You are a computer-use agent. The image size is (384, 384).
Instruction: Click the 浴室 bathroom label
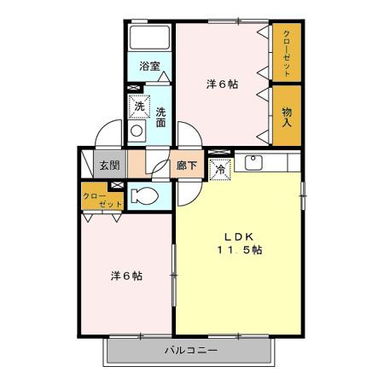click(149, 64)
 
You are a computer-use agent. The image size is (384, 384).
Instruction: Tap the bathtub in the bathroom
click(150, 38)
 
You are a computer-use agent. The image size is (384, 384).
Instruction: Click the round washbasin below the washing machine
click(137, 131)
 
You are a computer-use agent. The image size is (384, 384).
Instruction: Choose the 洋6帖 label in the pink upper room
click(221, 84)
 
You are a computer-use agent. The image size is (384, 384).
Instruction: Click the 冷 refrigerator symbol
click(219, 170)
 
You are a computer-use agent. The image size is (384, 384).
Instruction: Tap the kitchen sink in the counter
click(253, 162)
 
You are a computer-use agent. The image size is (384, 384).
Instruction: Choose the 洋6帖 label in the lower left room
click(125, 276)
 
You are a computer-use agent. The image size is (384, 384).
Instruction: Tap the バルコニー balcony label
click(191, 350)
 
